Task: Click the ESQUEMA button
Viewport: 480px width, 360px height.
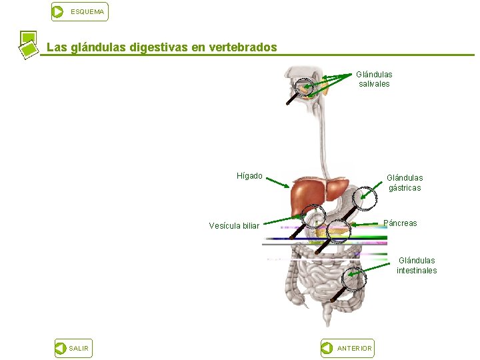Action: (x=79, y=11)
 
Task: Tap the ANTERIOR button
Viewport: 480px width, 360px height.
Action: (x=347, y=348)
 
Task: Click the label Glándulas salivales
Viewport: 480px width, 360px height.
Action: (x=374, y=79)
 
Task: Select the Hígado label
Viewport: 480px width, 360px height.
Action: (x=249, y=176)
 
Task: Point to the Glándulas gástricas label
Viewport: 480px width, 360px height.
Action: (x=405, y=183)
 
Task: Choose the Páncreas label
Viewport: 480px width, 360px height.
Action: (x=401, y=223)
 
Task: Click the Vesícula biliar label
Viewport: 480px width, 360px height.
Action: (x=234, y=225)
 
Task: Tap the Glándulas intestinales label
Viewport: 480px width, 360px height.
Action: (x=417, y=265)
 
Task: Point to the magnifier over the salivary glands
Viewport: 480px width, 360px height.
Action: (x=305, y=87)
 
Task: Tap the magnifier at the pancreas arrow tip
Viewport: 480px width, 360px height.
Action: (x=339, y=230)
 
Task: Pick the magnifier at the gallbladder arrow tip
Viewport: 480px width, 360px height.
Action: (x=313, y=216)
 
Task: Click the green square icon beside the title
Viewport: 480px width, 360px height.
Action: (x=28, y=44)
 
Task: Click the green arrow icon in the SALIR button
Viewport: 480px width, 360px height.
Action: (x=61, y=348)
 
